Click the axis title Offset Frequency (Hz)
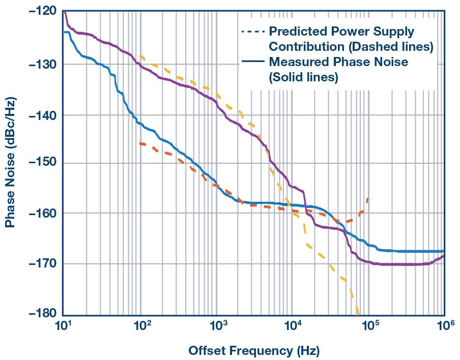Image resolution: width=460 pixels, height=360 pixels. pos(254,350)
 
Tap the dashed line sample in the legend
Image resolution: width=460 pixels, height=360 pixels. pos(252,32)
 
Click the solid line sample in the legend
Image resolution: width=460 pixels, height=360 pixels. pos(252,62)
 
